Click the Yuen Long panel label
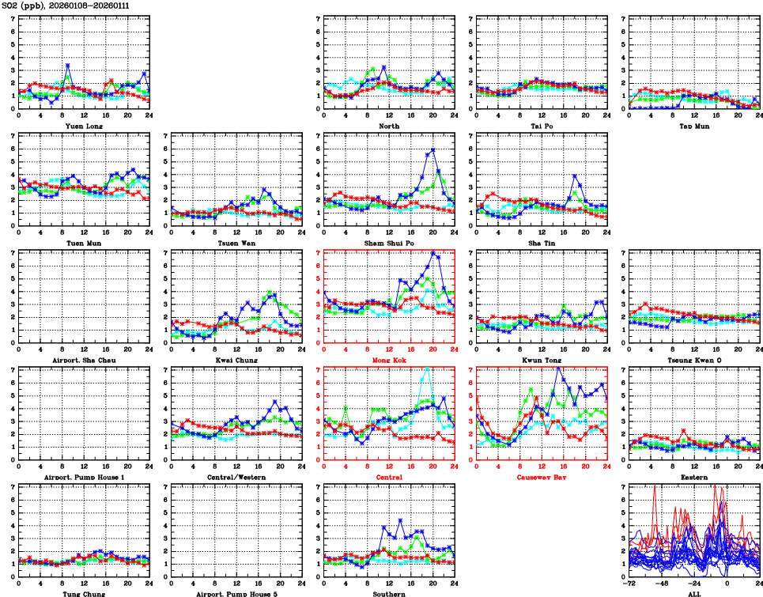[82, 126]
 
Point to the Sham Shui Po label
[388, 243]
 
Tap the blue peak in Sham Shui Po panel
[432, 149]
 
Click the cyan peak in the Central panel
[428, 368]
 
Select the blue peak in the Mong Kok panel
[432, 253]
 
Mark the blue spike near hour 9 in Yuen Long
[68, 66]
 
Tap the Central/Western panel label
[235, 478]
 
